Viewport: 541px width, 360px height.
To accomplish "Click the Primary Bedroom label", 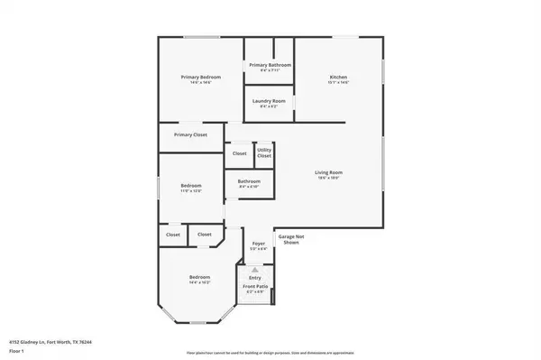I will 200,78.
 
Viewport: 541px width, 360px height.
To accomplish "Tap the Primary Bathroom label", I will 270,65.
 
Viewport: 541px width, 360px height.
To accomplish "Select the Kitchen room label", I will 338,78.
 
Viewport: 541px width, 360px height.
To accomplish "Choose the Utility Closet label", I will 264,153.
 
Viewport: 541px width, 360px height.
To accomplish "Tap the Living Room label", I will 327,171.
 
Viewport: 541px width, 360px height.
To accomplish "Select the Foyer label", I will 258,243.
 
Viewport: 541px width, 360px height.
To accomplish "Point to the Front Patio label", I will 254,287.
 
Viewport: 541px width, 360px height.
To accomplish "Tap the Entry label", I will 255,277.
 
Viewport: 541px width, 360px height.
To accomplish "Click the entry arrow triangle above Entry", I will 255,268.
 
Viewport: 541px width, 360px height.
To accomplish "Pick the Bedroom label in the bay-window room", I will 199,276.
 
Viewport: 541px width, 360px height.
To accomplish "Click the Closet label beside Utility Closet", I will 240,153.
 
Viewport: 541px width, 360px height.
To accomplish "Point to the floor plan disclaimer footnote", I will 270,351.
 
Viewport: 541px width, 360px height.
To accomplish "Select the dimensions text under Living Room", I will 327,177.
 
